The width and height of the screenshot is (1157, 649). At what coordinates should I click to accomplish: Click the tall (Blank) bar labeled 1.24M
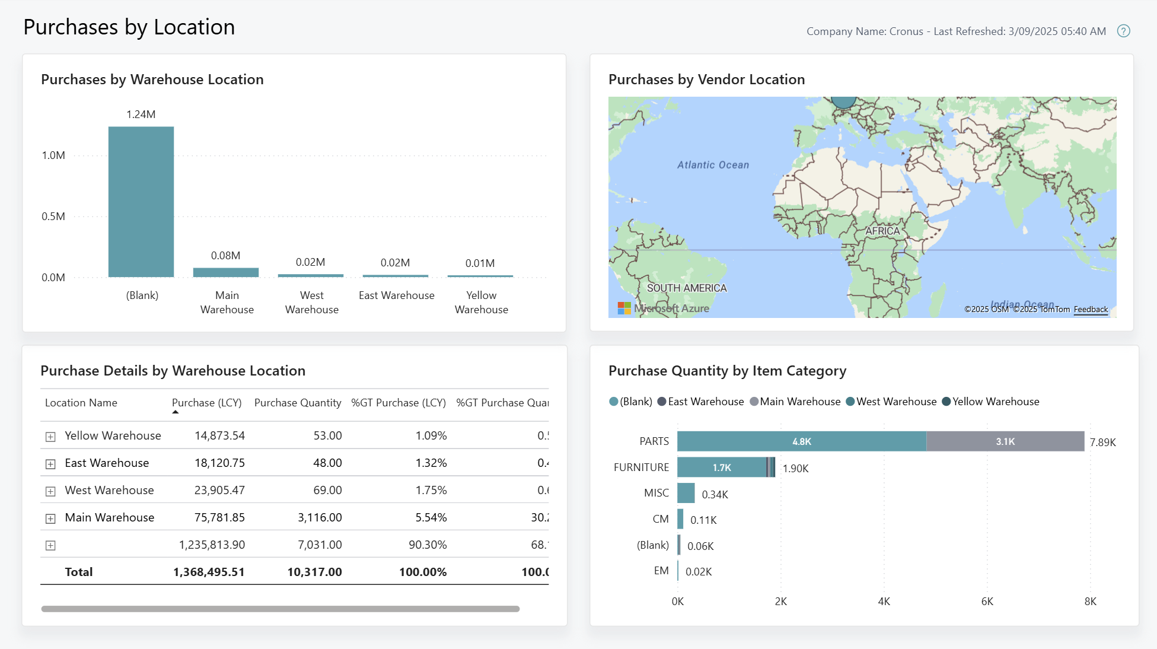point(141,202)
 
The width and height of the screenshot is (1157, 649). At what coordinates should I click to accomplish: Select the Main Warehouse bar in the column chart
point(226,273)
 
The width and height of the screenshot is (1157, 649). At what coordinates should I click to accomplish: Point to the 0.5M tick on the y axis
point(53,217)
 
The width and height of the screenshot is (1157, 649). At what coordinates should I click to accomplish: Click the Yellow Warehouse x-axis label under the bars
point(481,303)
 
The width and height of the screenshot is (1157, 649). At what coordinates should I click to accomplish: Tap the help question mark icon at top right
point(1123,31)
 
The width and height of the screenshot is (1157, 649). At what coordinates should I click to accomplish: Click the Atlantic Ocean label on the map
point(713,165)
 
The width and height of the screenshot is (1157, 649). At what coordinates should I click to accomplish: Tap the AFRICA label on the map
point(882,231)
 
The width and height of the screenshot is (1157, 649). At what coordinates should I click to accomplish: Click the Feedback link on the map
point(1091,309)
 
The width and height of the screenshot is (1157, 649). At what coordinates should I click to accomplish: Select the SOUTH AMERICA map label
point(686,288)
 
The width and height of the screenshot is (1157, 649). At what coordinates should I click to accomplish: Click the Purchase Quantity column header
point(298,403)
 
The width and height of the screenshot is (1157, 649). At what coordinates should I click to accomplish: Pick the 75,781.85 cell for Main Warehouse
point(219,517)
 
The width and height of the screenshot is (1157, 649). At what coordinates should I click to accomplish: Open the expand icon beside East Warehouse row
point(50,464)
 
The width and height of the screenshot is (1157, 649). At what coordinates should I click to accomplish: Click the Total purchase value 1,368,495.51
point(209,572)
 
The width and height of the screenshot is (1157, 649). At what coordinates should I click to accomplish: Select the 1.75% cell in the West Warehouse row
point(431,490)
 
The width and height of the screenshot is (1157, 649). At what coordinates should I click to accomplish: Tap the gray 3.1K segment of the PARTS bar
point(1005,441)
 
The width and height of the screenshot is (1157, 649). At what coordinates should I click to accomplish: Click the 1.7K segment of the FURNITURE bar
point(721,467)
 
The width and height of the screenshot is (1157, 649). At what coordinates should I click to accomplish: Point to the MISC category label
point(656,493)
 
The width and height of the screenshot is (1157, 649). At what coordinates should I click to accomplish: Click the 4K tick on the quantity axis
point(884,602)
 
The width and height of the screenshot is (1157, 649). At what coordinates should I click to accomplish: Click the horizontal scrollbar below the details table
point(280,609)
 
